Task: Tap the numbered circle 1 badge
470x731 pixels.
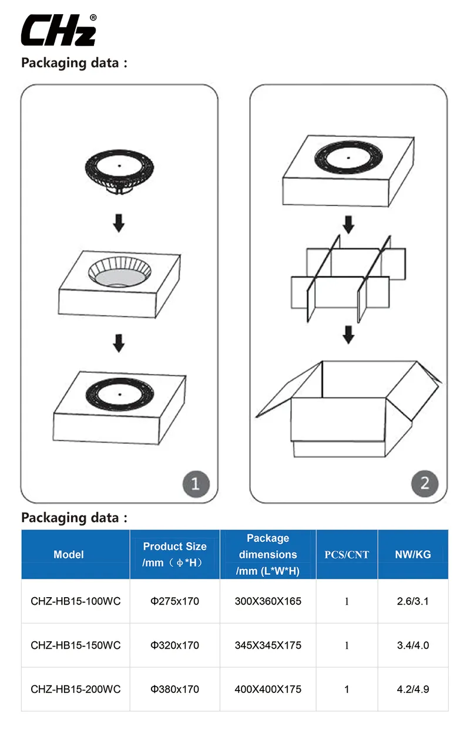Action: point(196,483)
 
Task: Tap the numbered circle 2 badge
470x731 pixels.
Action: point(425,483)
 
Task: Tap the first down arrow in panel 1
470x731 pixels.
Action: point(119,223)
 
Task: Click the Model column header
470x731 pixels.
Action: point(69,555)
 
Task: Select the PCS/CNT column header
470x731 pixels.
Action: point(347,555)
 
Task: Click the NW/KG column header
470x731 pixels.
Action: point(413,555)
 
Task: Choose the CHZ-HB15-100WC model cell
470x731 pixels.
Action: point(75,601)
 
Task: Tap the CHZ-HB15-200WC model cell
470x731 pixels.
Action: point(75,689)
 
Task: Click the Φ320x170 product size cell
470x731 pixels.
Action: point(174,645)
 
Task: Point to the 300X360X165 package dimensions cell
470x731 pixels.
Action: point(268,601)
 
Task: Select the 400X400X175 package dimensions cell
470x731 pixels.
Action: point(268,689)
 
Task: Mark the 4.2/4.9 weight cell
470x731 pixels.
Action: point(413,689)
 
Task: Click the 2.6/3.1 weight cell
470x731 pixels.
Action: point(413,601)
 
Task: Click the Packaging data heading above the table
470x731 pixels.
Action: point(74,518)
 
